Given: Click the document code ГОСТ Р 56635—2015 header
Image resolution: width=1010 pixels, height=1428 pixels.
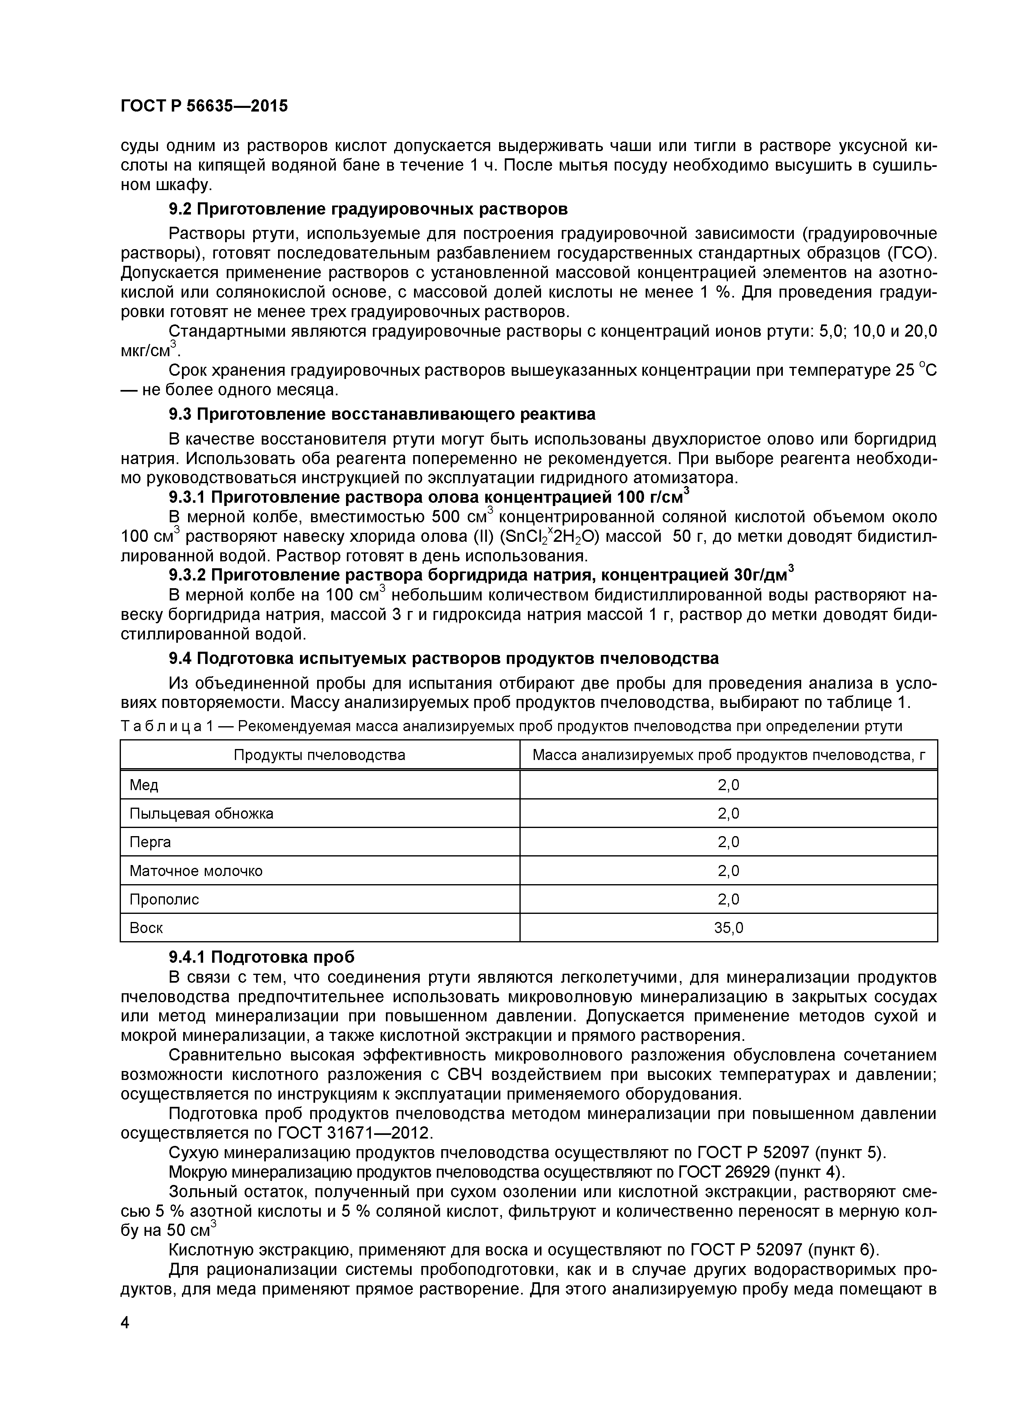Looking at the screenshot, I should (x=204, y=106).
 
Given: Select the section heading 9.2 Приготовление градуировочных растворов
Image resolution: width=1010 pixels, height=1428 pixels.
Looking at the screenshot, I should (x=368, y=209).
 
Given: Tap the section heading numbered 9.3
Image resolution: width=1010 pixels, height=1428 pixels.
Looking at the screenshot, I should (x=382, y=414).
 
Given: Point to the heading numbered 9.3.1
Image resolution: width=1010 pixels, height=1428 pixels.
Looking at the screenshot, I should (x=429, y=497).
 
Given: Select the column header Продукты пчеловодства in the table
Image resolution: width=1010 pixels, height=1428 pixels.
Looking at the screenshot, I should (x=319, y=755).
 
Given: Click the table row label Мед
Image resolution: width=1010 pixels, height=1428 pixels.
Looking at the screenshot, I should (x=144, y=786).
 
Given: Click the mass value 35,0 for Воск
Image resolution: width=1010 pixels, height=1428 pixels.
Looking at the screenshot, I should (x=728, y=928).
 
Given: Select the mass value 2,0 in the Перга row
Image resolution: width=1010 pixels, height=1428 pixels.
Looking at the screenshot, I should (x=728, y=842).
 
